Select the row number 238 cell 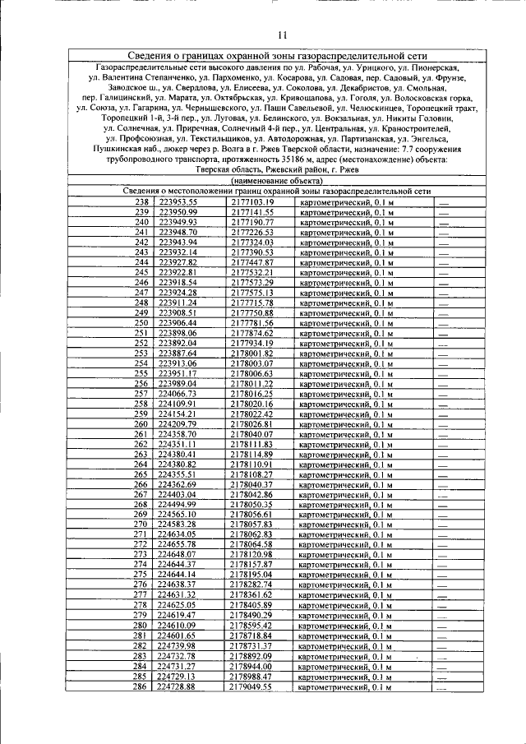141,202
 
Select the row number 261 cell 141,434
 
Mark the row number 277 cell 141,594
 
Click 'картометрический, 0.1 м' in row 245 345,272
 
